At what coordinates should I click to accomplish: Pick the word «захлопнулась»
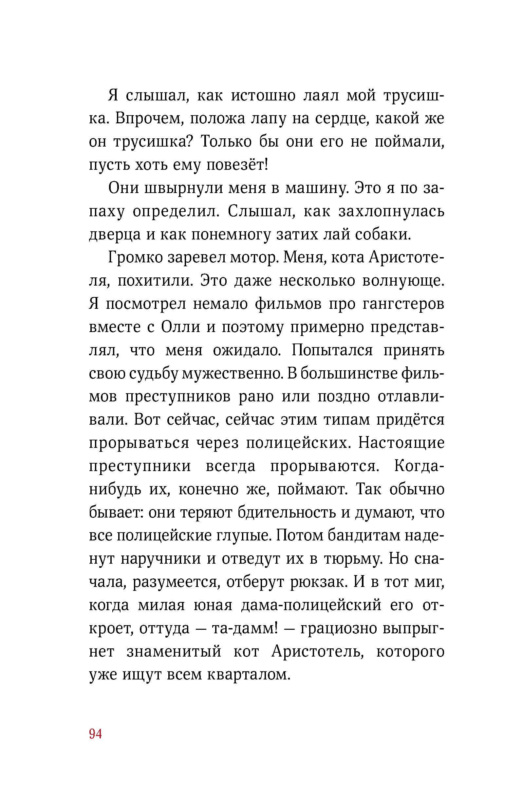pyautogui.click(x=391, y=212)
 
